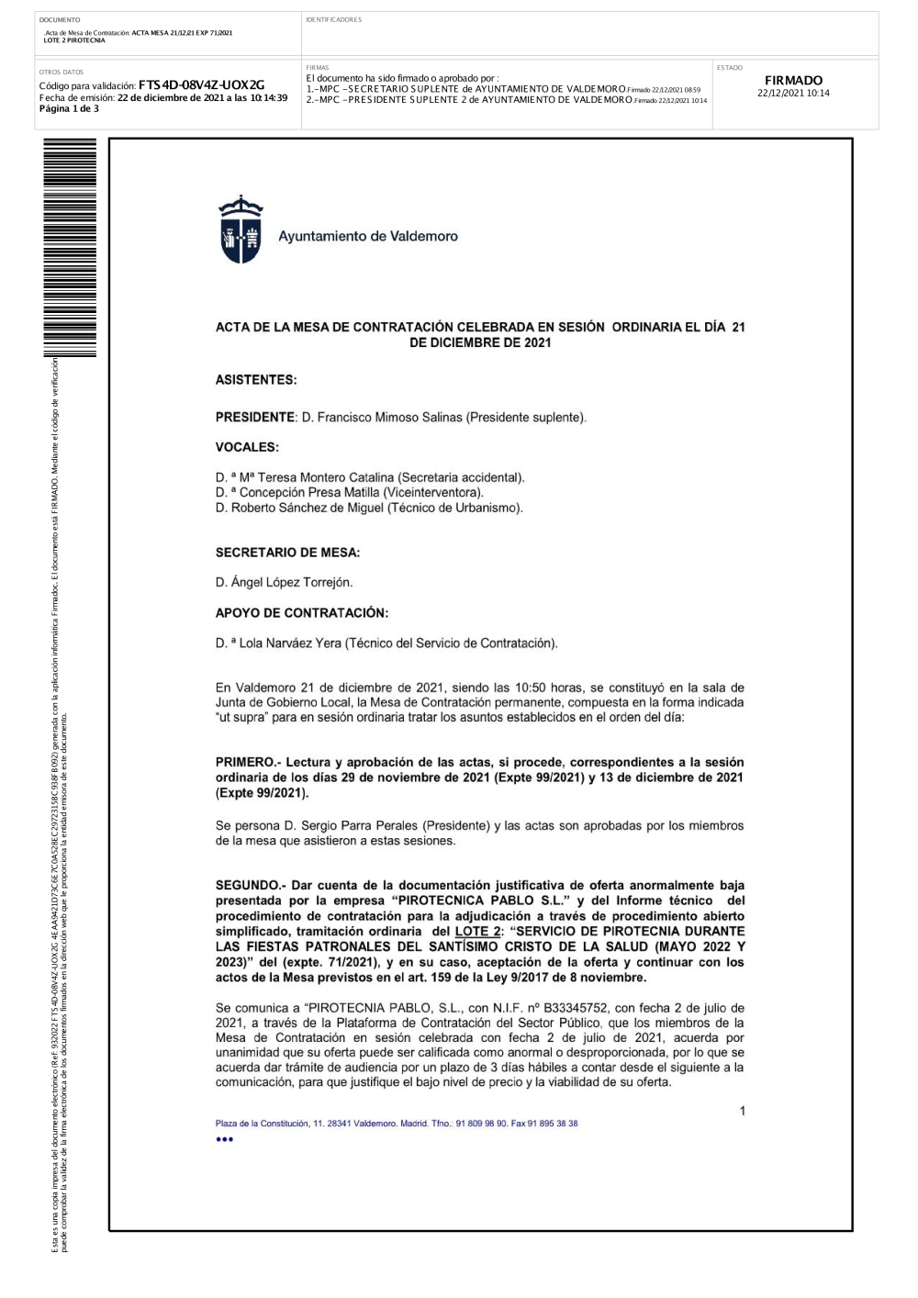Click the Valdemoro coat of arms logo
tap(241, 230)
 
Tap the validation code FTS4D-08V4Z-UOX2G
tap(201, 85)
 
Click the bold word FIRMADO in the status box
tap(793, 81)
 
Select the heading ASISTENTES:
tap(256, 380)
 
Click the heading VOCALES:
tap(247, 447)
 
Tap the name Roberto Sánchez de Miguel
tap(308, 508)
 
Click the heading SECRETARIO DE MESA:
tap(287, 553)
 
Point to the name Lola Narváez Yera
tap(290, 643)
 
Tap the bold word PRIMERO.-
tap(248, 763)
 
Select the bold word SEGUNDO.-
tap(251, 886)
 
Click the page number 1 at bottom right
tap(743, 1112)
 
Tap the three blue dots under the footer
tap(225, 1140)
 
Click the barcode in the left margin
tap(70, 248)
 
